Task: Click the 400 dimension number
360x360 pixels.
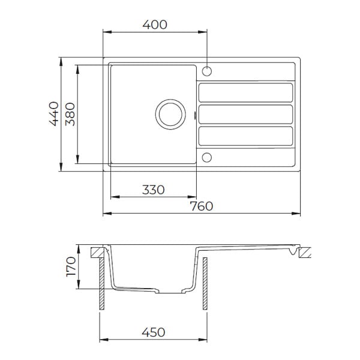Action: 155,25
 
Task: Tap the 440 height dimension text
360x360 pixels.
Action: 54,113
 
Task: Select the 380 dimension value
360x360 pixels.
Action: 70,114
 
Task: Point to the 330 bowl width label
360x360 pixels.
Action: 154,190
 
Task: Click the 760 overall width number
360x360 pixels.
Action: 202,206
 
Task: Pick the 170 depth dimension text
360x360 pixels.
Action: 71,266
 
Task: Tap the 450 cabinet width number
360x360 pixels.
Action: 154,332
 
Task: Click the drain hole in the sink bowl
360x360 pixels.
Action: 170,115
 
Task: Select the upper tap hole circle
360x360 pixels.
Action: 207,71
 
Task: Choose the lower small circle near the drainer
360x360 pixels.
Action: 207,157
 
